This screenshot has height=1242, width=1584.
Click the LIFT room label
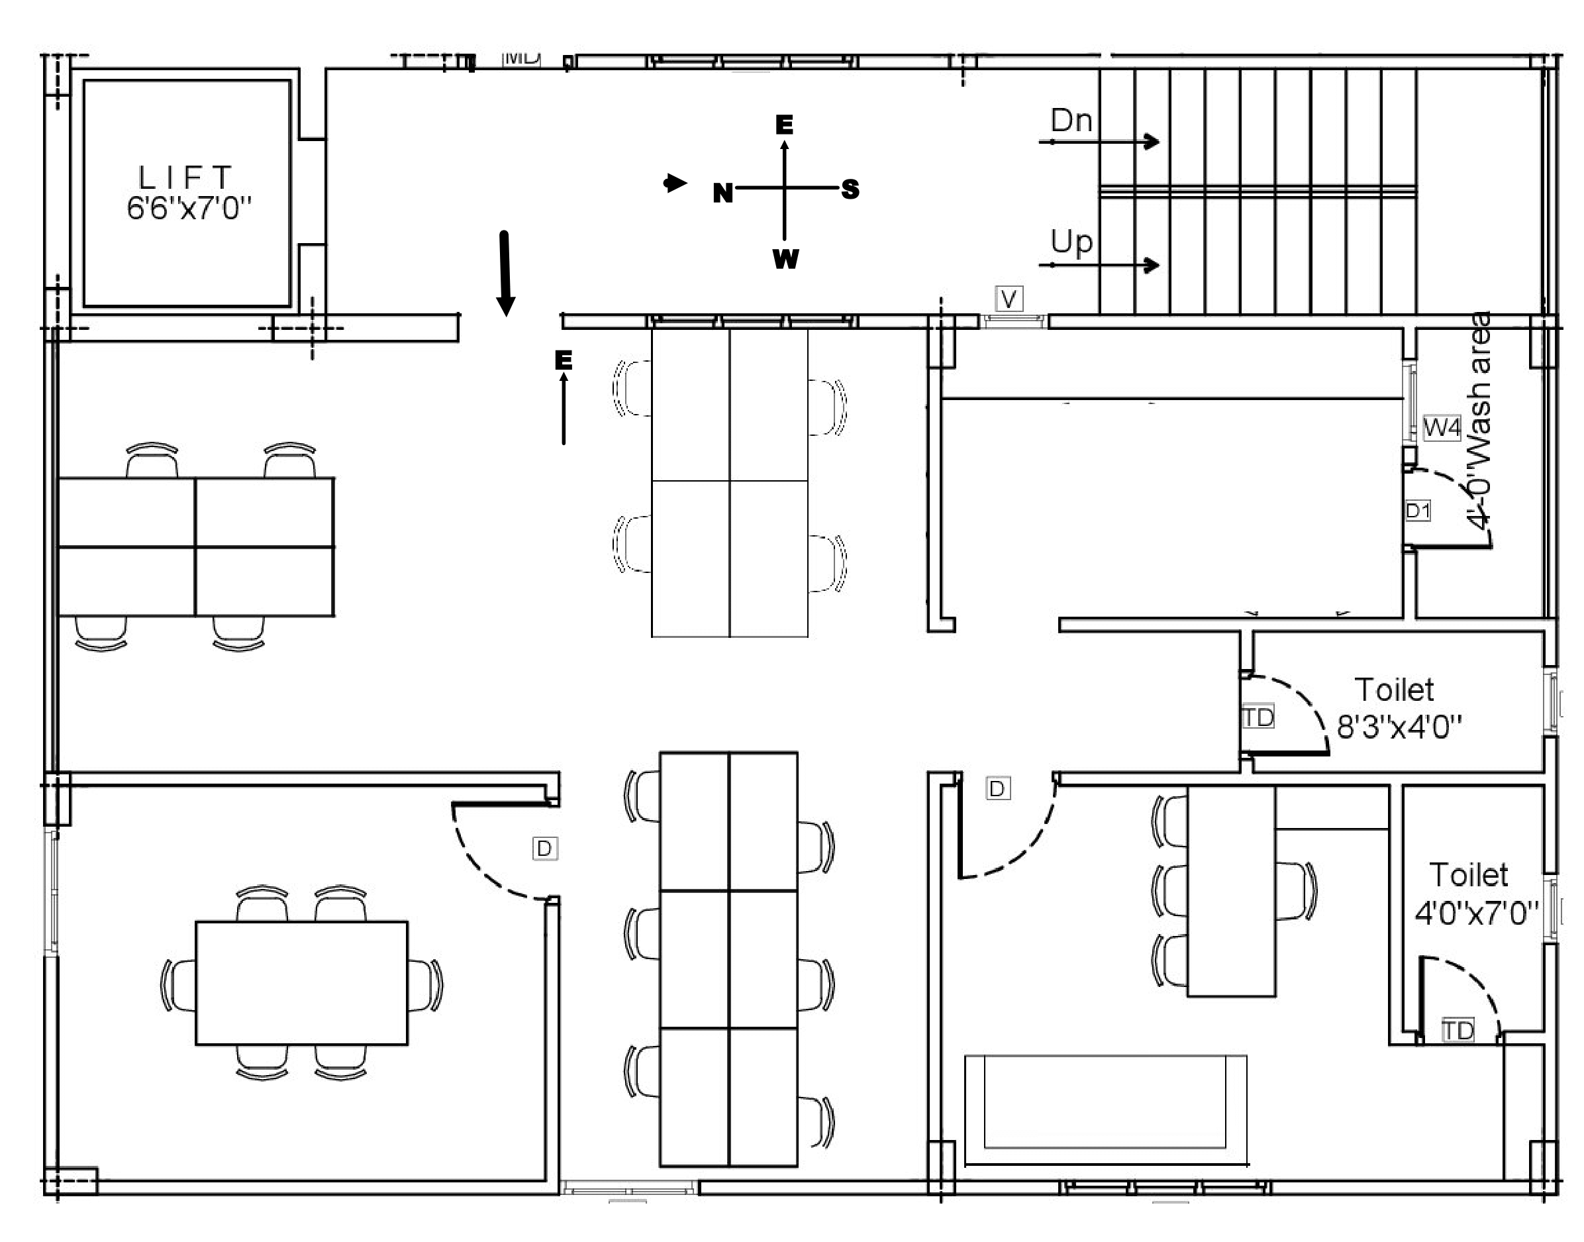(x=185, y=178)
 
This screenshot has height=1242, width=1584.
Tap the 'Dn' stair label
(x=1071, y=121)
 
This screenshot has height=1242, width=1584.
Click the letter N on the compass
(x=722, y=193)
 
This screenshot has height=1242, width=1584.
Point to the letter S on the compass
(x=850, y=190)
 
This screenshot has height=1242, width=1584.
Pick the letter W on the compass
(x=786, y=259)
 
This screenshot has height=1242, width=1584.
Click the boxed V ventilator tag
(x=1009, y=299)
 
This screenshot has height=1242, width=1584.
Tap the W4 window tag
(x=1442, y=427)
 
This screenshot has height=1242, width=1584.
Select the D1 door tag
(x=1418, y=511)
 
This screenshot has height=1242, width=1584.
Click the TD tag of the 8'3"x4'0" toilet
(x=1258, y=718)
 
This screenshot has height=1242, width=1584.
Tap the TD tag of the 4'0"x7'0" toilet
(x=1458, y=1031)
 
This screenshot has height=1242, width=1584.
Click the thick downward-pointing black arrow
(x=505, y=274)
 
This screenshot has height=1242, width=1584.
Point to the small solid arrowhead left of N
(x=675, y=183)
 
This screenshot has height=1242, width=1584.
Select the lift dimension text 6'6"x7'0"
(x=188, y=209)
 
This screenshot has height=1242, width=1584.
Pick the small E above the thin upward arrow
(x=564, y=360)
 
